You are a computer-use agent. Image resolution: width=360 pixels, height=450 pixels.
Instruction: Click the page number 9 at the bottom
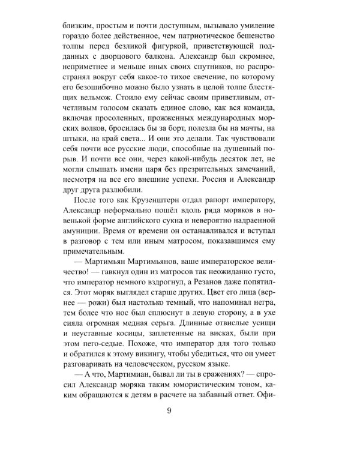pyautogui.click(x=170, y=410)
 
